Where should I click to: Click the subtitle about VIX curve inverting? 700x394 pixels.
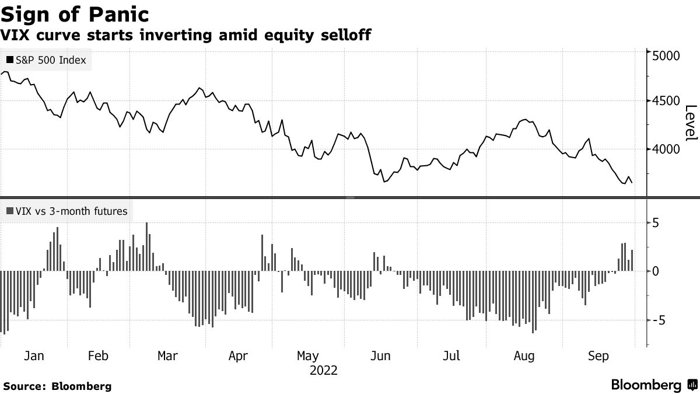[x=186, y=36]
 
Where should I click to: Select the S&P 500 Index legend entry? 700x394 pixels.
[x=46, y=60]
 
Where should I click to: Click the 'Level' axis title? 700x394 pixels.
[x=691, y=123]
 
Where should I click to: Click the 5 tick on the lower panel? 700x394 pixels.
[x=656, y=223]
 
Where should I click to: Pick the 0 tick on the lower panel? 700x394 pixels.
[x=656, y=271]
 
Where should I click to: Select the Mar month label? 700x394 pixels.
[x=168, y=355]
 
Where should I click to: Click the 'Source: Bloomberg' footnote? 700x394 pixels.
[x=57, y=386]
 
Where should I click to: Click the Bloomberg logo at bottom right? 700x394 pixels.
[x=653, y=385]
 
